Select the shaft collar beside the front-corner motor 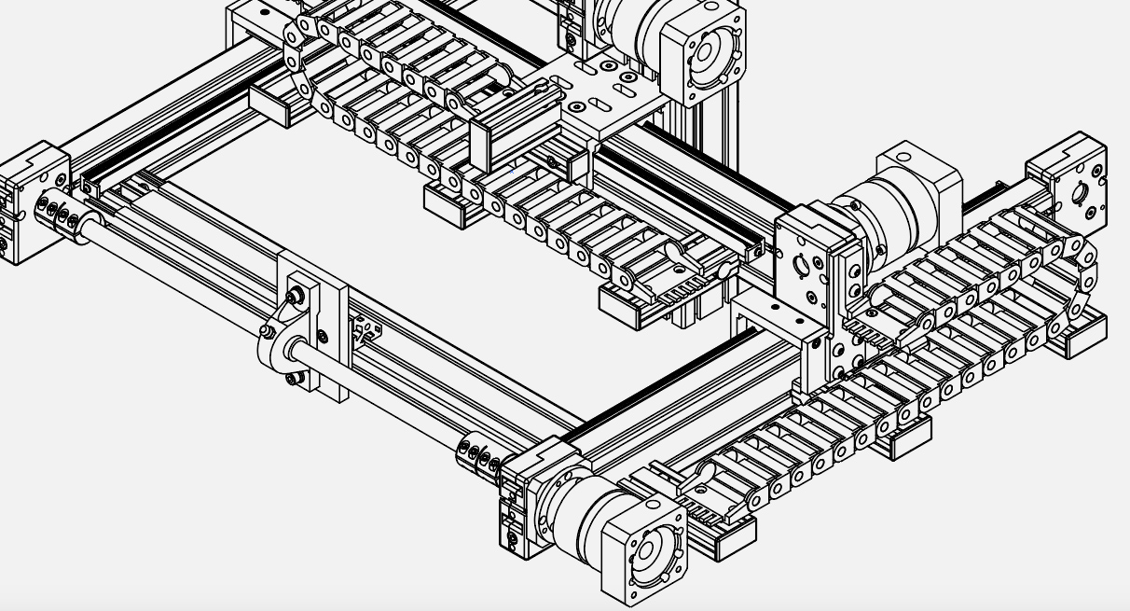[x=479, y=454]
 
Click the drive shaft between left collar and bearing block [x=177, y=276]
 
